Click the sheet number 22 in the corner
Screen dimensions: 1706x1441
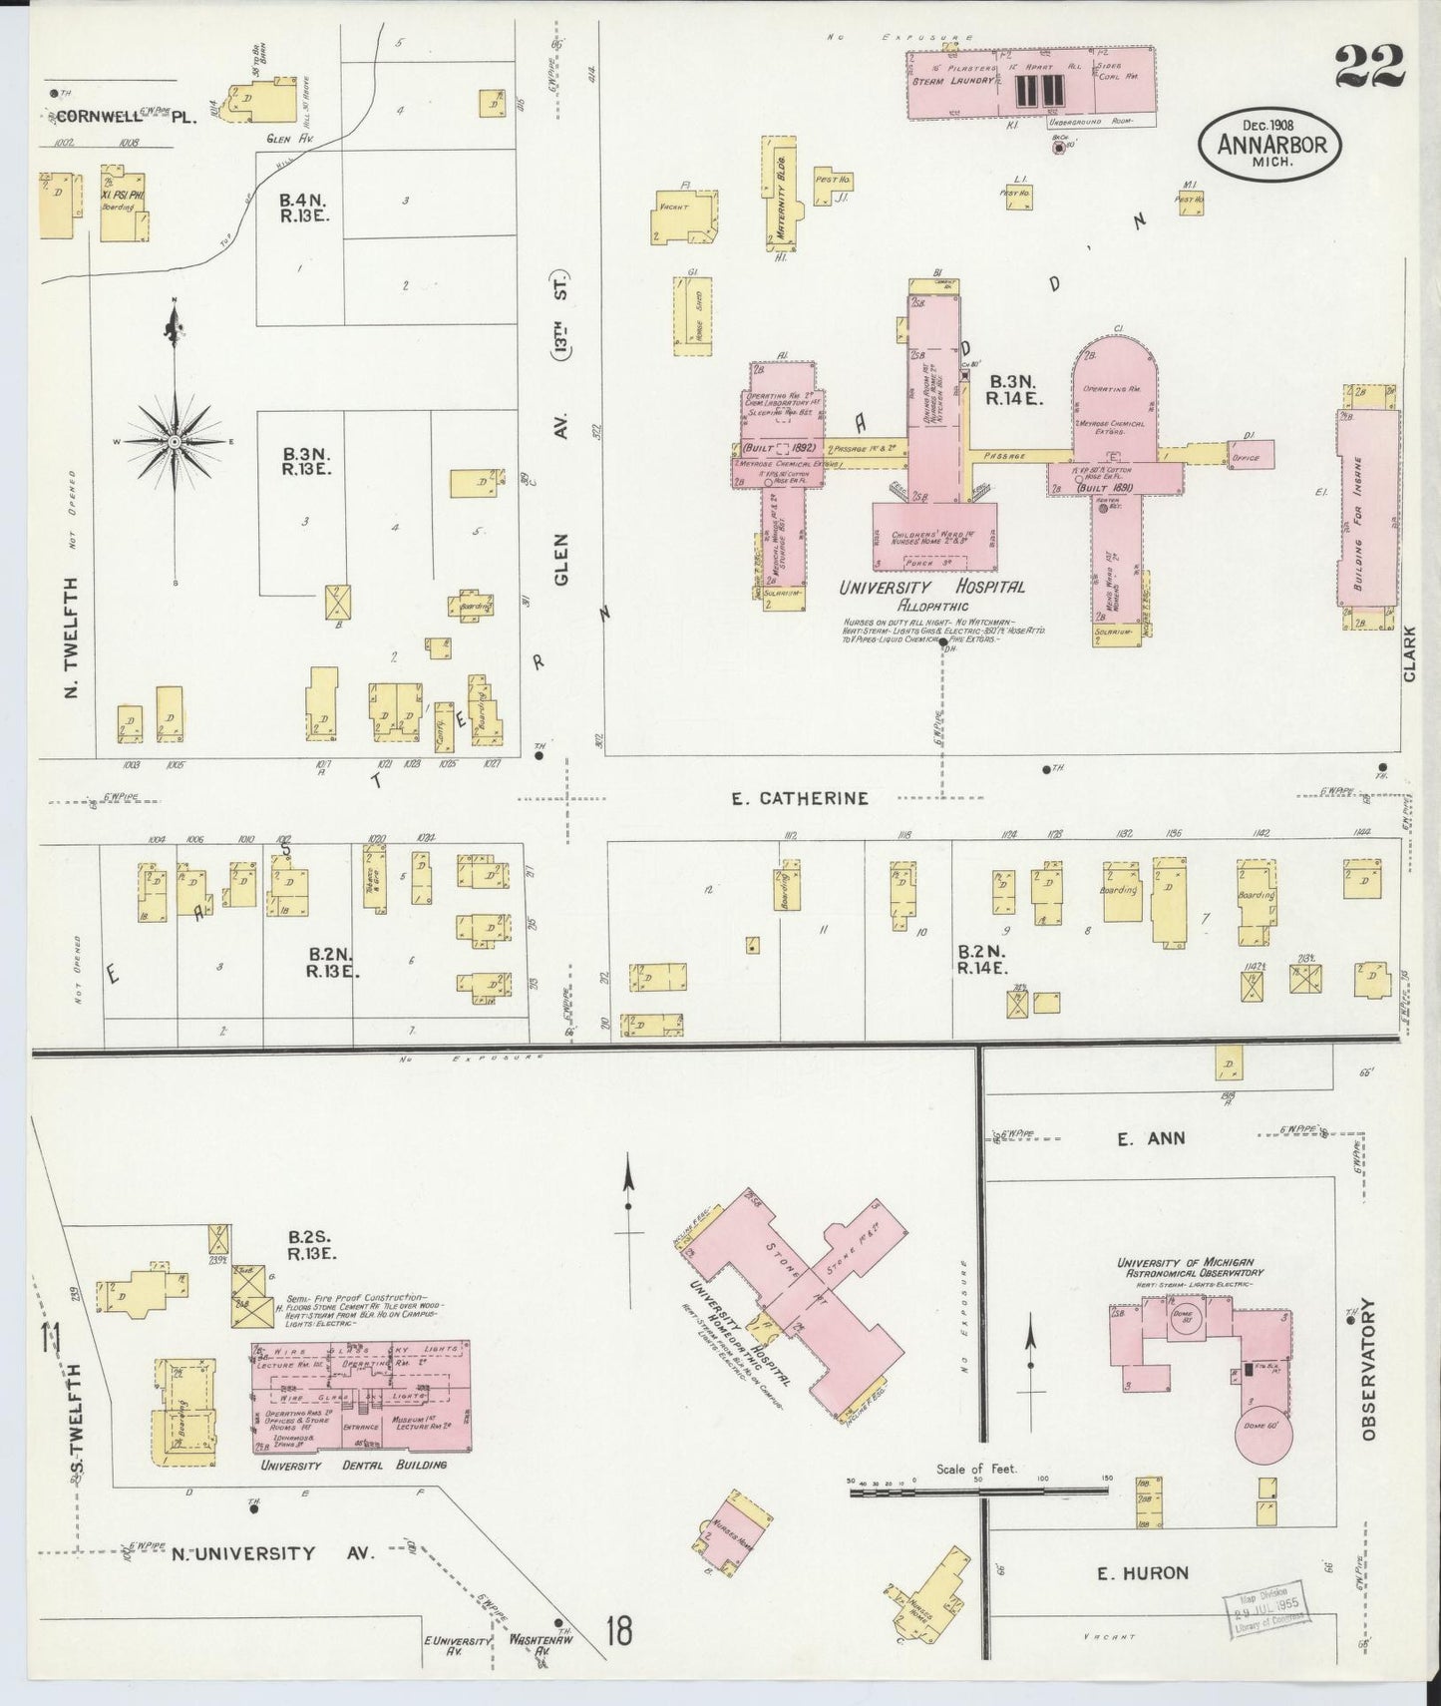click(x=1370, y=69)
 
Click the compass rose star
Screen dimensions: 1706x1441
click(x=176, y=440)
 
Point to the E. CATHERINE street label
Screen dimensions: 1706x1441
click(x=799, y=798)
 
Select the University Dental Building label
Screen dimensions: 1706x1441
click(x=353, y=1465)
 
